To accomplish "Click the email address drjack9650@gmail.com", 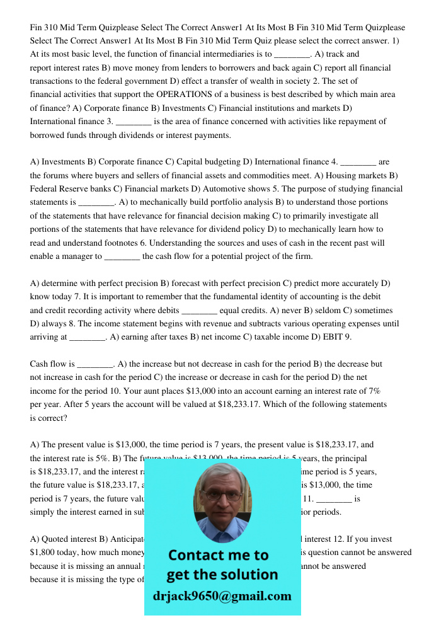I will (222, 596).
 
